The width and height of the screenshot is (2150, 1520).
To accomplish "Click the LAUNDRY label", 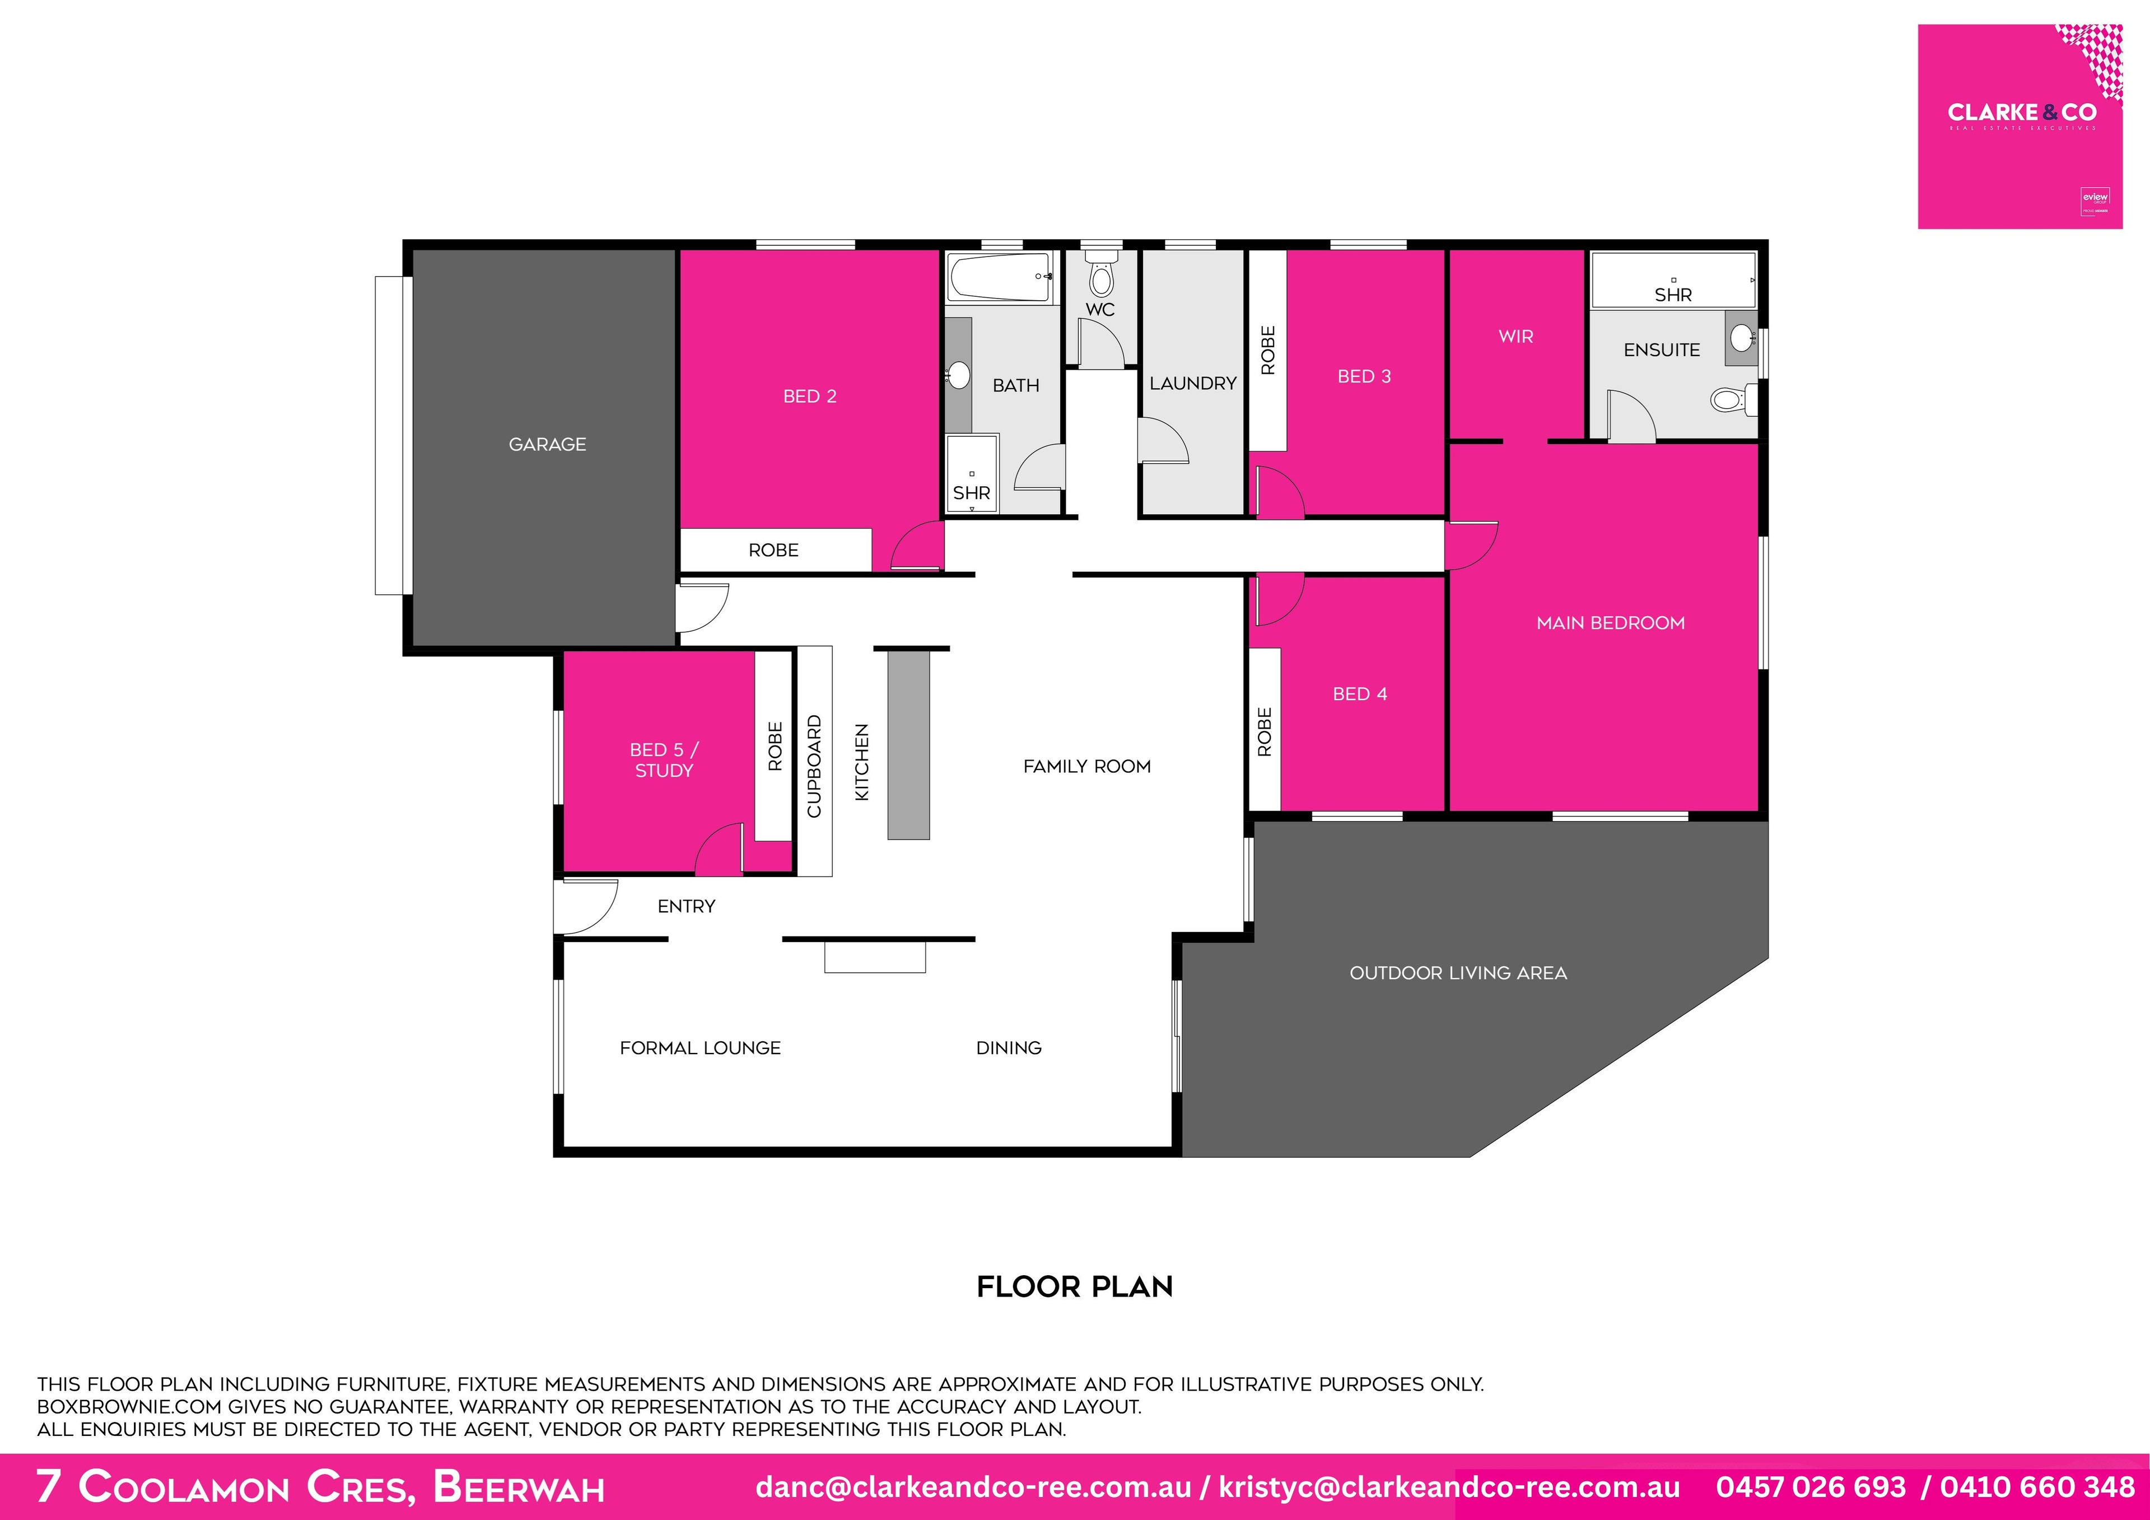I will coord(1192,383).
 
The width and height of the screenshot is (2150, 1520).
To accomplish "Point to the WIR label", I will coord(1515,336).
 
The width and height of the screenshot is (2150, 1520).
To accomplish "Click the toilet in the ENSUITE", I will coord(1732,400).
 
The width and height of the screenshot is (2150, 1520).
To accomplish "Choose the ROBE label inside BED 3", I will coord(1268,350).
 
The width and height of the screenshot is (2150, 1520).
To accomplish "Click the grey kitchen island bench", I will coord(908,744).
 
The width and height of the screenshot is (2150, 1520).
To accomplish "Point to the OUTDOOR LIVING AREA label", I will coord(1458,973).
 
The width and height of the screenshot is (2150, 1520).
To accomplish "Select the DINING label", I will coord(1009,1048).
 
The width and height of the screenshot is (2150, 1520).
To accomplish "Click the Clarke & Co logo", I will coord(2020,127).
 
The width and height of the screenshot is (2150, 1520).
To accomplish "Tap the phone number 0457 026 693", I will coord(1810,1487).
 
